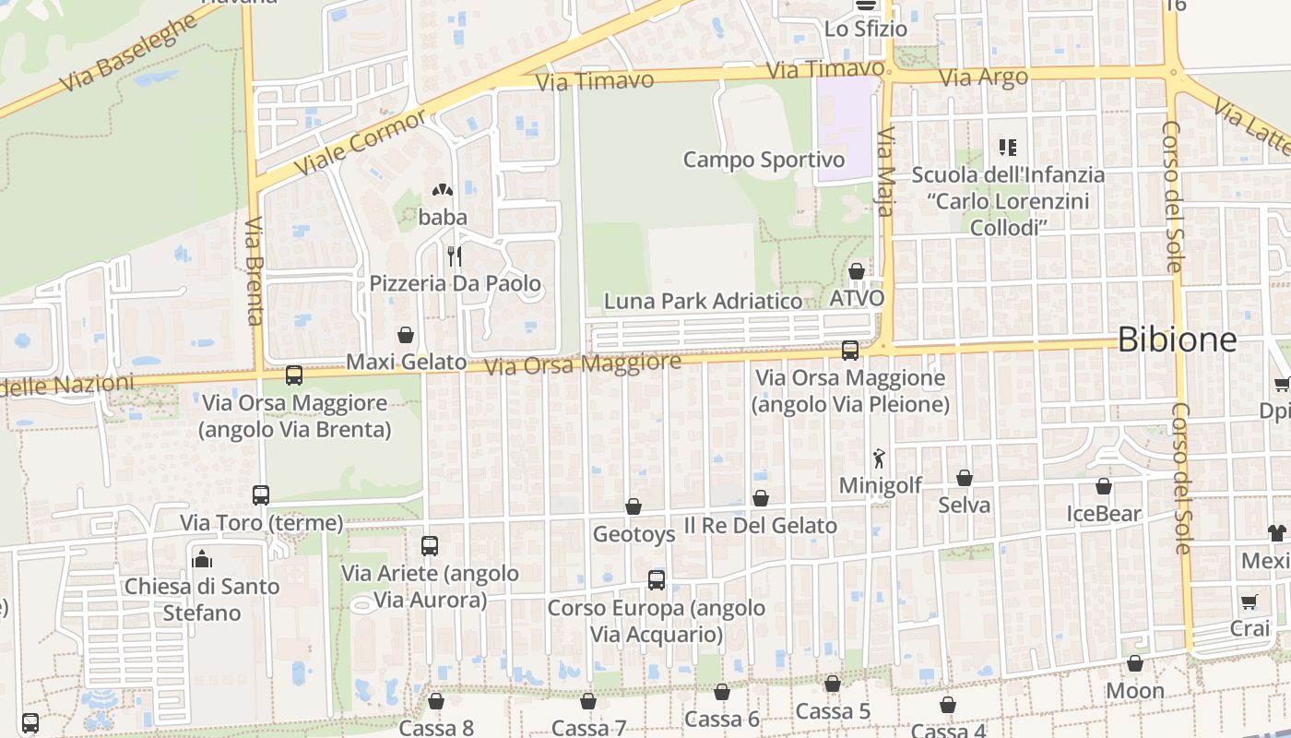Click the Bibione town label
1177,340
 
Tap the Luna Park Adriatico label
703,301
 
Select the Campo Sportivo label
764,160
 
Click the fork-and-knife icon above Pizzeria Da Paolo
454,256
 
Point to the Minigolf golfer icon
879,458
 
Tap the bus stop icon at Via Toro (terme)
261,495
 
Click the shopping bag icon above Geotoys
634,506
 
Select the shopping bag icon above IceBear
1104,486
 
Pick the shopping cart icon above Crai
1250,602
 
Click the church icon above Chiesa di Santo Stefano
202,559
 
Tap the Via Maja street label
886,173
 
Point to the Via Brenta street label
255,271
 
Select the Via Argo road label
983,77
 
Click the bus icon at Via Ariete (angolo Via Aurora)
430,545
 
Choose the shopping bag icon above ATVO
857,271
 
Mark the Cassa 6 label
721,720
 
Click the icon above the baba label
443,191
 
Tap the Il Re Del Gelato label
760,526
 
